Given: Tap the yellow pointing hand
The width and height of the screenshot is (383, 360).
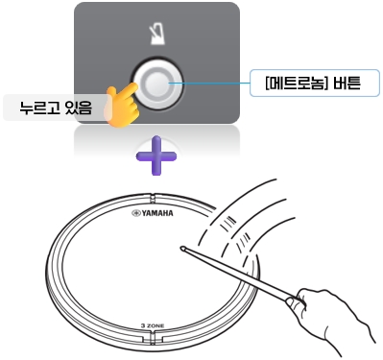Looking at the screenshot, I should coord(122,104).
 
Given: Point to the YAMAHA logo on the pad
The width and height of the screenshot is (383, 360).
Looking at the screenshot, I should coord(157,215).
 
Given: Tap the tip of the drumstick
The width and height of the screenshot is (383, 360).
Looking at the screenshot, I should coord(182,248).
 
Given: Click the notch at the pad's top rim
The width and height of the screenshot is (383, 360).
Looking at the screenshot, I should coord(155,198).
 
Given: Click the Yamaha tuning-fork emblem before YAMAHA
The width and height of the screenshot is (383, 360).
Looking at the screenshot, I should coord(134,215).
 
